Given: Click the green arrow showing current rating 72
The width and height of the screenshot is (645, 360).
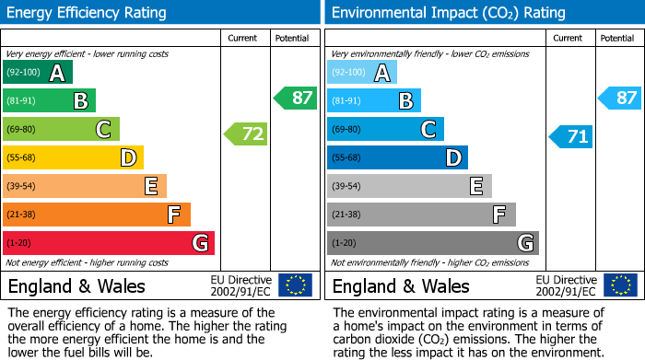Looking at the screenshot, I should coord(246,134).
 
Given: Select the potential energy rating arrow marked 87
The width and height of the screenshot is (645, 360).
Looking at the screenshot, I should coord(295,98).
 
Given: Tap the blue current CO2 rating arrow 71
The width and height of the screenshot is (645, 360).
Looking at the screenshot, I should coord(571,137).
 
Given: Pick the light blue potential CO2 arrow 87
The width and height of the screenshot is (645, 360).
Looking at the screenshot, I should coord(619,98).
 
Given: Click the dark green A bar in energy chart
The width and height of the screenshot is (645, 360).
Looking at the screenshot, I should coord(37,73).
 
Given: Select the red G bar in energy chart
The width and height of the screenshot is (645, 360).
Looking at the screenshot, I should coord(108,243).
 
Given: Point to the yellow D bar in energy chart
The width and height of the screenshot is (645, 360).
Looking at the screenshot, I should coord(73,157).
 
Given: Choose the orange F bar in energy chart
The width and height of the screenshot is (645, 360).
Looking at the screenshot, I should coord(96,215).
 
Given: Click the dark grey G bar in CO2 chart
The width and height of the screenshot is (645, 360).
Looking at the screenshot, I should coord(432,243).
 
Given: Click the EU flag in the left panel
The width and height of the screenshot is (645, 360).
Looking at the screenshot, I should coord(295,285).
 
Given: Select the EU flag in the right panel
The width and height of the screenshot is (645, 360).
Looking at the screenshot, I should coord(620,285).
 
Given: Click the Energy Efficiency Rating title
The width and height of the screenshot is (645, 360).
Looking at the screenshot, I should coord(88,13).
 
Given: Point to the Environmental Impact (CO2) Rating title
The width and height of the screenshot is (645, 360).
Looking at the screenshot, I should coord(448,13).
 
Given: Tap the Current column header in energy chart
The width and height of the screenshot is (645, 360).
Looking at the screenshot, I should coord(244,38).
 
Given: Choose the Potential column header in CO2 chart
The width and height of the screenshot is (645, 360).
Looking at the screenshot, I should coord(617,38).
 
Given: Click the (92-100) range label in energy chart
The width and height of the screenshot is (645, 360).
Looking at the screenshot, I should coord(24,73).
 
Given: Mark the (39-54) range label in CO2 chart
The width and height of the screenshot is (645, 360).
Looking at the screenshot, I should coord(348,187).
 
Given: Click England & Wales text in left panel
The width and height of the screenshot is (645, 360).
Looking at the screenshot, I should coord(76,286).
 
